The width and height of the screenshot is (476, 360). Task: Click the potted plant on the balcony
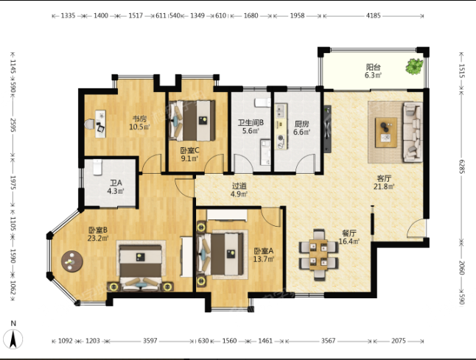414,66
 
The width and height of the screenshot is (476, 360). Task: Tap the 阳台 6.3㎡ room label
373,71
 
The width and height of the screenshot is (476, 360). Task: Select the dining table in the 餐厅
318,254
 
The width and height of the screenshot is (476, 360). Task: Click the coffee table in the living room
386,133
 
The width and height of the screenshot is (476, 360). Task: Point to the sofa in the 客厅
413,132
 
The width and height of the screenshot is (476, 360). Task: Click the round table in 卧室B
72,261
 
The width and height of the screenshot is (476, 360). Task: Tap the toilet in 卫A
97,167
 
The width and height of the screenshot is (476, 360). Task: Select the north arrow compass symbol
13,336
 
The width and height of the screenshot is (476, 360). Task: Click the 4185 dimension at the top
373,15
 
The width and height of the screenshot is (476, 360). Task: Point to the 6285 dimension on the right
461,167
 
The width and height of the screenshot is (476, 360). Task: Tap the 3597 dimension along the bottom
150,341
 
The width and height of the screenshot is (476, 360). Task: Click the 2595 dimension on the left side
13,125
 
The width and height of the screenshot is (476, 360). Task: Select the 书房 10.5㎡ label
140,122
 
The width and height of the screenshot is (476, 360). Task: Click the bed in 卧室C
192,121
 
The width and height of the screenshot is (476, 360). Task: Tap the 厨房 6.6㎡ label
302,127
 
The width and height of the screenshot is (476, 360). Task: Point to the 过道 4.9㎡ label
239,190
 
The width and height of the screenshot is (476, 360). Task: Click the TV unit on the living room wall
327,129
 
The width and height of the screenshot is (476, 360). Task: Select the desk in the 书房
100,124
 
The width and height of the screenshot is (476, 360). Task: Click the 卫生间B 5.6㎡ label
251,127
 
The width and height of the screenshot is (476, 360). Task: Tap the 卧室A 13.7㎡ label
264,255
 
